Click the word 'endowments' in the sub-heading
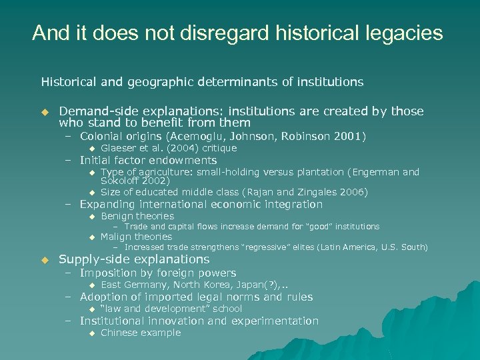pyautogui.click(x=182, y=160)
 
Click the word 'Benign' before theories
pyautogui.click(x=117, y=216)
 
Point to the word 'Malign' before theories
pyautogui.click(x=117, y=237)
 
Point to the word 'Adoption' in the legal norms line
pyautogui.click(x=105, y=297)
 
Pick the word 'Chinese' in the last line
pyautogui.click(x=119, y=333)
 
